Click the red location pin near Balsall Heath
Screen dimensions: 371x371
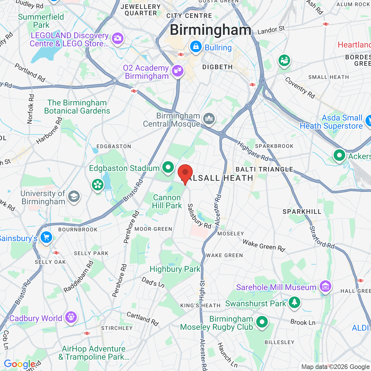point(185,173)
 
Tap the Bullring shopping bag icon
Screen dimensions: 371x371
point(196,46)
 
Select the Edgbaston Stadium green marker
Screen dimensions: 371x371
point(168,167)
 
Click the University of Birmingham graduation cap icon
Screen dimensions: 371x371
point(74,197)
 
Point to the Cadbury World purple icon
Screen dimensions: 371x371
point(71,317)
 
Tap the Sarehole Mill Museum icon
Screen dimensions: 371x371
point(325,286)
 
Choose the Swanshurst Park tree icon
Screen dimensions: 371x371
point(294,302)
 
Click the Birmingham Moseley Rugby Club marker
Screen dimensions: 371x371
point(262,322)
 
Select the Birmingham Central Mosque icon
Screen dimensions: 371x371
point(209,118)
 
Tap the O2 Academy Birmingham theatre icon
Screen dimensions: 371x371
point(177,70)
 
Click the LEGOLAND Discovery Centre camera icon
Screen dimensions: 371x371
point(117,38)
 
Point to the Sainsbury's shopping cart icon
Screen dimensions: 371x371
point(46,237)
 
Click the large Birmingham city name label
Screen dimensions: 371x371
point(210,30)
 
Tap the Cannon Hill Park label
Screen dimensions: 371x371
point(167,201)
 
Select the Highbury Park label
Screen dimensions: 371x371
point(175,269)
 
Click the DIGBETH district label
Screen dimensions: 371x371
point(217,67)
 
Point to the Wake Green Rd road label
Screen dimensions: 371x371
point(264,245)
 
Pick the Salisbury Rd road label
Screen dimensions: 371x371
point(199,216)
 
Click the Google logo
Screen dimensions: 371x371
point(20,364)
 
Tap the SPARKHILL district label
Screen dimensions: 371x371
point(302,212)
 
